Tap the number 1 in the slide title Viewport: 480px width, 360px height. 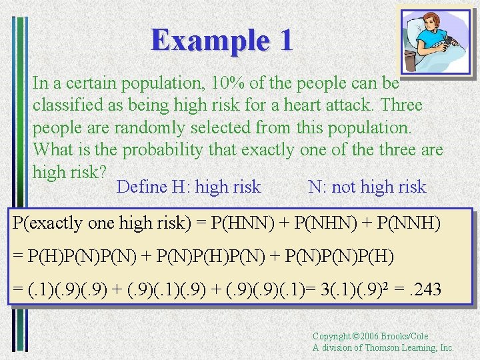pyautogui.click(x=285, y=40)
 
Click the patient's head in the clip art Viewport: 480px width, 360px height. pyautogui.click(x=424, y=21)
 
